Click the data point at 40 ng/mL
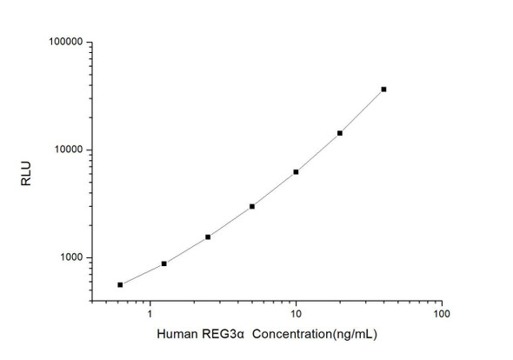pyautogui.click(x=383, y=90)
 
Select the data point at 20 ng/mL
pyautogui.click(x=340, y=133)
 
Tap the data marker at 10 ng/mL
pyautogui.click(x=296, y=172)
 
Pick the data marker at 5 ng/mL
pyautogui.click(x=252, y=206)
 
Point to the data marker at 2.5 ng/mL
pyautogui.click(x=208, y=237)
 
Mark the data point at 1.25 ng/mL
pyautogui.click(x=164, y=263)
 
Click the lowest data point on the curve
pyautogui.click(x=120, y=284)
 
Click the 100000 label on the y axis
pyautogui.click(x=64, y=42)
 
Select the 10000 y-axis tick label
pyautogui.click(x=67, y=150)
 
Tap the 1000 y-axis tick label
pyautogui.click(x=70, y=257)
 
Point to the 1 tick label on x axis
pyautogui.click(x=150, y=313)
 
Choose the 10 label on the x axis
pyautogui.click(x=296, y=313)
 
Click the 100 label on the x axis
pyautogui.click(x=441, y=313)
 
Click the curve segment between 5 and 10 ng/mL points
pyautogui.click(x=274, y=190)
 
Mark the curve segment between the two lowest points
pyautogui.click(x=142, y=275)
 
